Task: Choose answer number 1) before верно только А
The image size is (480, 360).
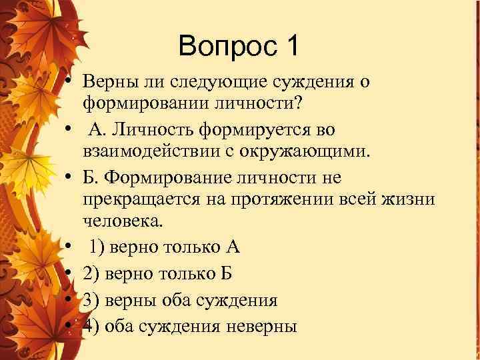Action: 99,247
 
